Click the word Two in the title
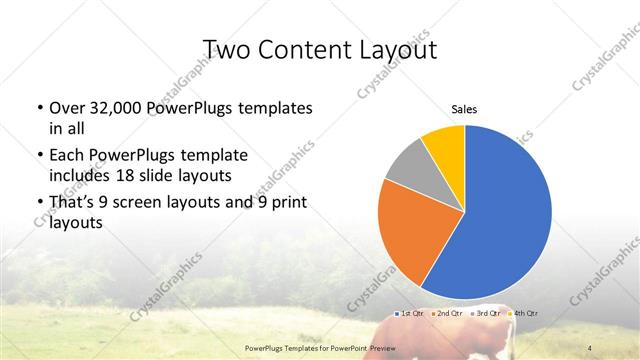click(226, 49)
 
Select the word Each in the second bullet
click(65, 156)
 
